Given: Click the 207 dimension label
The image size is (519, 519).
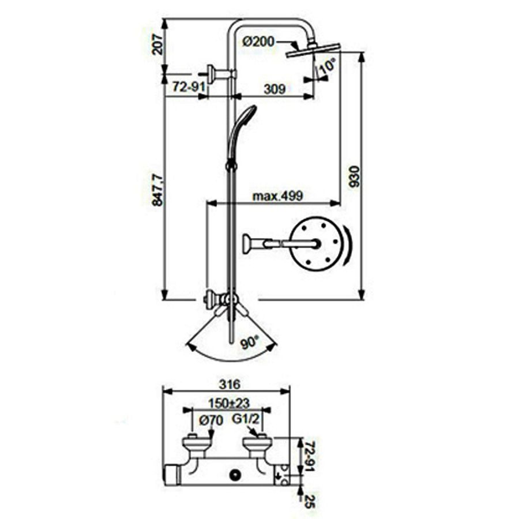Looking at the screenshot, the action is [157, 44].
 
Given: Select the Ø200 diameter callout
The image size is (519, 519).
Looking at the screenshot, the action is [258, 42].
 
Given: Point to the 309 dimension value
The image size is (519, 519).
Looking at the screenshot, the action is [274, 89].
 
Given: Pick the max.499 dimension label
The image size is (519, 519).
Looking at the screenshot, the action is [278, 196].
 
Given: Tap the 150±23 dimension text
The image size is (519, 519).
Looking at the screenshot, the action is [229, 403].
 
